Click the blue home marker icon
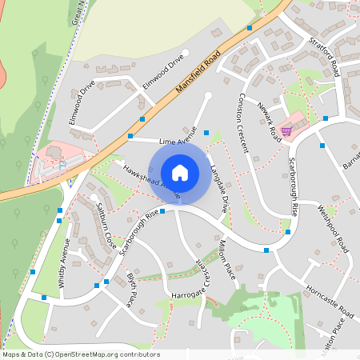[180, 172]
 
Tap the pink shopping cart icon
[286, 132]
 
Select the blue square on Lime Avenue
[206, 132]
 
